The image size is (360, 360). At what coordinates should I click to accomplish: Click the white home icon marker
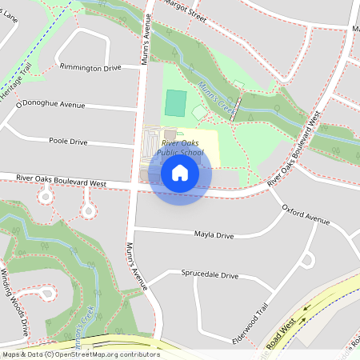[x=180, y=172]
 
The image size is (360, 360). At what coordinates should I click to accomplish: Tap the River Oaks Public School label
[x=181, y=147]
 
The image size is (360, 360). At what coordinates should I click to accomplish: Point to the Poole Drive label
[x=68, y=141]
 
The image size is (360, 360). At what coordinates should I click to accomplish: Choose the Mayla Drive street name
[x=214, y=236]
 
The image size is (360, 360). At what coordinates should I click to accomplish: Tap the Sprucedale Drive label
[x=210, y=275]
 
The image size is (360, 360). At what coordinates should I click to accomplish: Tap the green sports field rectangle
[x=176, y=102]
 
